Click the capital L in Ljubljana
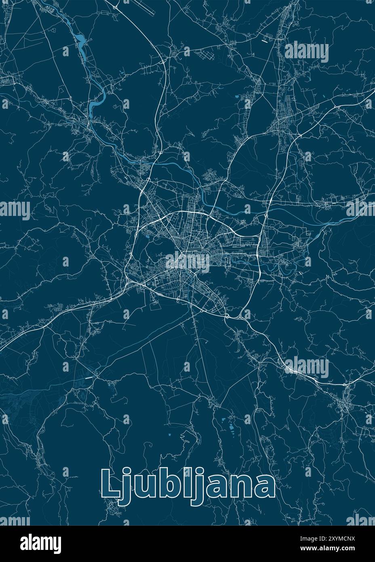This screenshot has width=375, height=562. (110, 483)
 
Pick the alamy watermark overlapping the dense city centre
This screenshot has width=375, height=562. (187, 261)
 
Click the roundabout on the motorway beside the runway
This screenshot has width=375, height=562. (116, 7)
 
